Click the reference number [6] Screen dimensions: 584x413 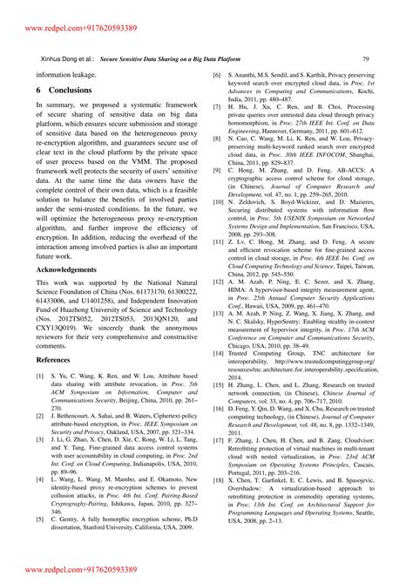pyautogui.click(x=218, y=76)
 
